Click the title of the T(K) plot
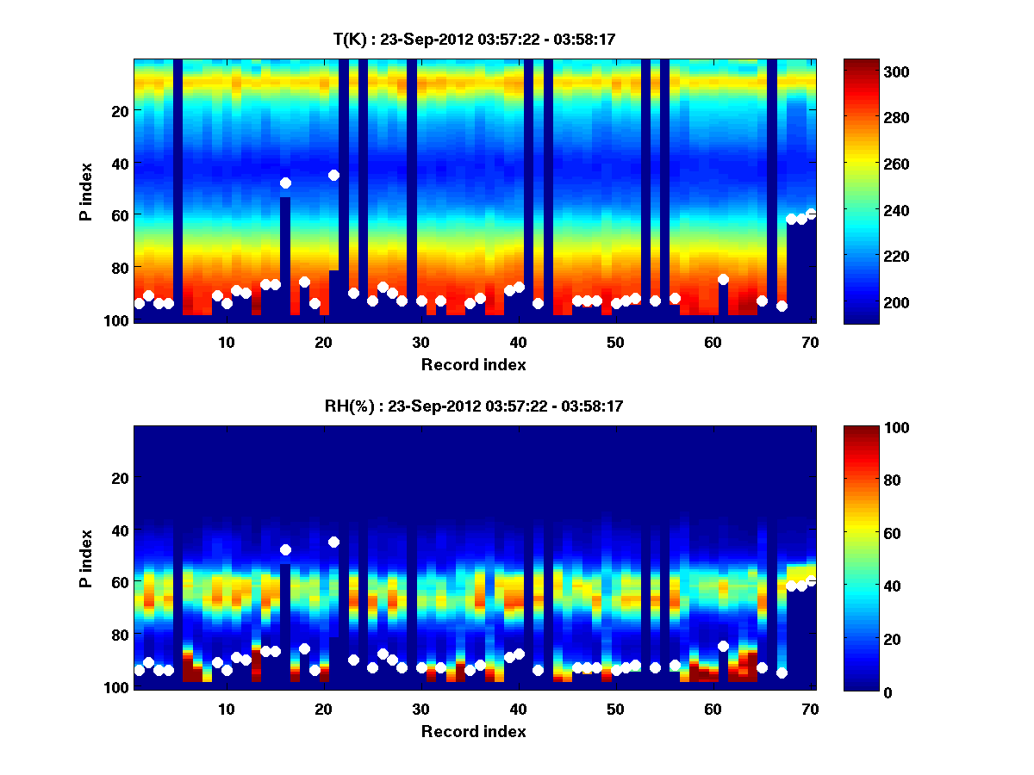pos(474,39)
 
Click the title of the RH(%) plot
pos(474,406)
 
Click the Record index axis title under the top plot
pos(474,364)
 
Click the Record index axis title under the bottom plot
pos(474,731)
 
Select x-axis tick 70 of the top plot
pos(810,342)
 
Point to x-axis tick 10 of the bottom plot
pos(226,709)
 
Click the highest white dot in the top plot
pos(333,175)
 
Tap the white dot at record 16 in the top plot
pos(285,183)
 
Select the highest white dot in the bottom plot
pos(333,542)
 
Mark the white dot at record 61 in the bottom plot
pos(723,646)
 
